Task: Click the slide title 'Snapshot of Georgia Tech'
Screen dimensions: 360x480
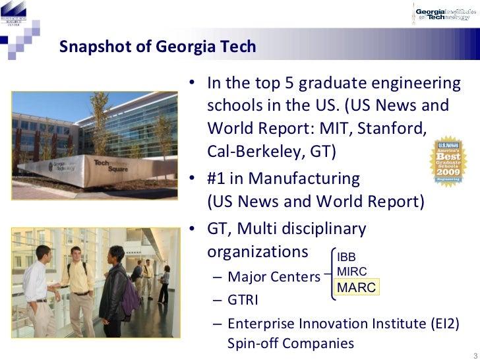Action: coord(158,47)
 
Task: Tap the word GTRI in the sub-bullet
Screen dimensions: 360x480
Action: coord(243,300)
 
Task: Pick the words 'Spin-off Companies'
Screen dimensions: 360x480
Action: coord(290,344)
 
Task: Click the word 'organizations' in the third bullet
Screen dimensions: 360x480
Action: coord(257,253)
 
